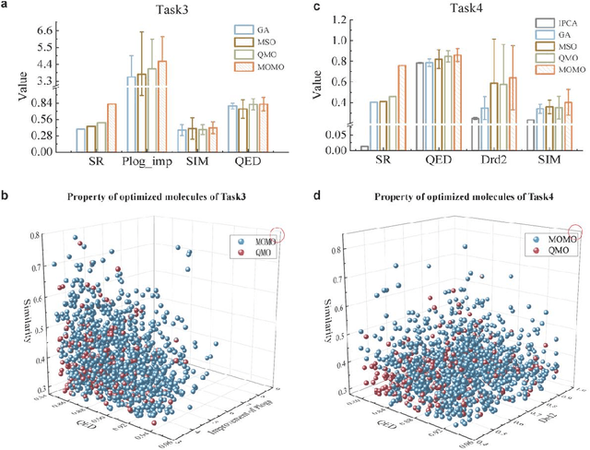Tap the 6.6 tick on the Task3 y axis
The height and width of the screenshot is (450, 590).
(44, 30)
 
